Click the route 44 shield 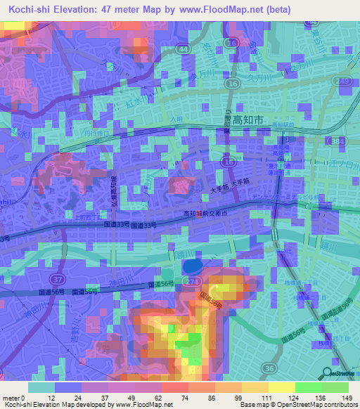[x=184, y=49]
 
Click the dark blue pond [x=191, y=267]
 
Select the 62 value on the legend [x=159, y=398]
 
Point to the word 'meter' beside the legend [x=10, y=398]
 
